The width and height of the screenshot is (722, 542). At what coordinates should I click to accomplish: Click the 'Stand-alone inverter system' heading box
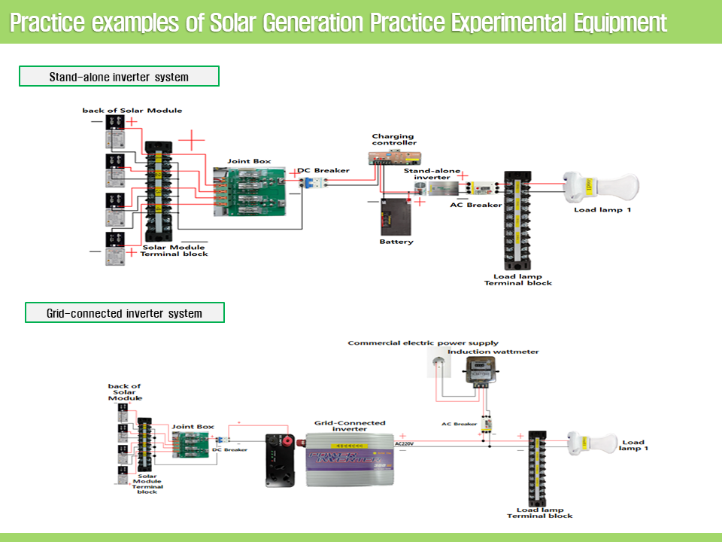click(119, 76)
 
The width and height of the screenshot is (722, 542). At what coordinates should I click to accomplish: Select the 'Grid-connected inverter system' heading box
click(125, 312)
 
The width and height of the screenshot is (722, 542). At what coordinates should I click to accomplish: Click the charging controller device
click(393, 157)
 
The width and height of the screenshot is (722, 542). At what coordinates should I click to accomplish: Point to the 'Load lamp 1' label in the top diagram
click(602, 209)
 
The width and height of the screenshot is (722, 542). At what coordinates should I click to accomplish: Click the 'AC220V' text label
click(405, 443)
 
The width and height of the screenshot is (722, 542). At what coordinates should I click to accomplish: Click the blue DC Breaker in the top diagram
click(307, 181)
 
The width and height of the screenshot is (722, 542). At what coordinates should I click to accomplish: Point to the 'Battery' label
click(396, 242)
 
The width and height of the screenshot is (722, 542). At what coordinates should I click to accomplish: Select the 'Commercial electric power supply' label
click(423, 343)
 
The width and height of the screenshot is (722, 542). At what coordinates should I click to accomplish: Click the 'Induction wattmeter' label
click(493, 352)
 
